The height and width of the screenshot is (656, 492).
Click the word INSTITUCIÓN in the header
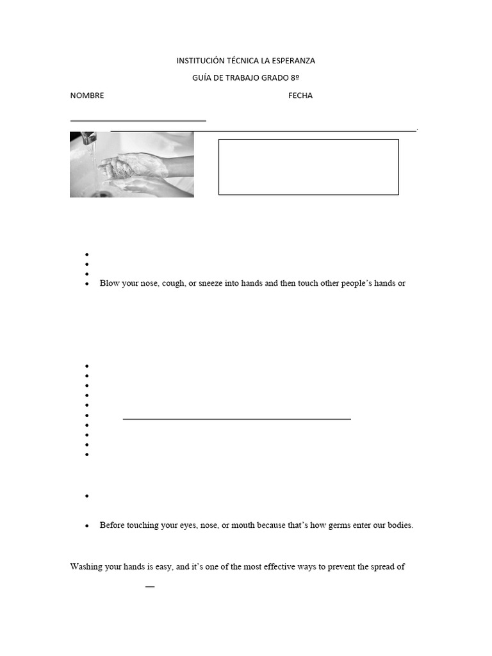tap(200, 61)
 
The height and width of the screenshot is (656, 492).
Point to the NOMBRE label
tap(87, 95)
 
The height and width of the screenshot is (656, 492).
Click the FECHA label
tap(300, 95)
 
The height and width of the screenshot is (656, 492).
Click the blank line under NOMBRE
tap(138, 120)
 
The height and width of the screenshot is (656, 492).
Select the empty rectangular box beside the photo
tap(308, 167)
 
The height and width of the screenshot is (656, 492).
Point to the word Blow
tap(109, 283)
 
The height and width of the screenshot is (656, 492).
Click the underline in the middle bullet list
tap(236, 418)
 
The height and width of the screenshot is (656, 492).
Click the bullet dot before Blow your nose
tap(86, 284)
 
